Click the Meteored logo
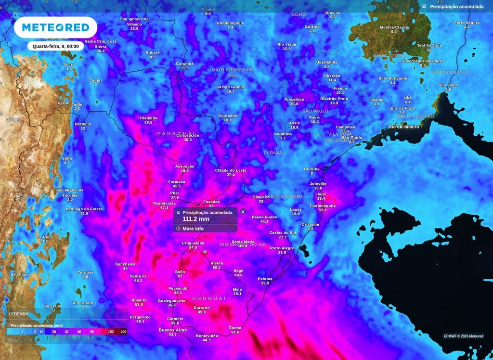pyautogui.click(x=56, y=27)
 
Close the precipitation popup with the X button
pyautogui.click(x=243, y=212)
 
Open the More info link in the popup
pyautogui.click(x=193, y=228)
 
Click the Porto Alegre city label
pyautogui.click(x=282, y=248)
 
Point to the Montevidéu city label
pyautogui.click(x=207, y=335)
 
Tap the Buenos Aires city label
pyautogui.click(x=172, y=330)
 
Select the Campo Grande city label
pyautogui.click(x=231, y=87)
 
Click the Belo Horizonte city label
pyautogui.click(x=393, y=78)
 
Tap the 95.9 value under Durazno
pyautogui.click(x=201, y=312)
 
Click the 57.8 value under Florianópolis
pyautogui.click(x=323, y=210)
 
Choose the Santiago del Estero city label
pyautogui.click(x=84, y=208)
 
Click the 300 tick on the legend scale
pyautogui.click(x=123, y=332)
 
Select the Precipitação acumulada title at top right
pyautogui.click(x=456, y=7)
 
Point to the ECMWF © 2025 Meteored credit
pyautogui.click(x=463, y=336)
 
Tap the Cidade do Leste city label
pyautogui.click(x=231, y=170)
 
